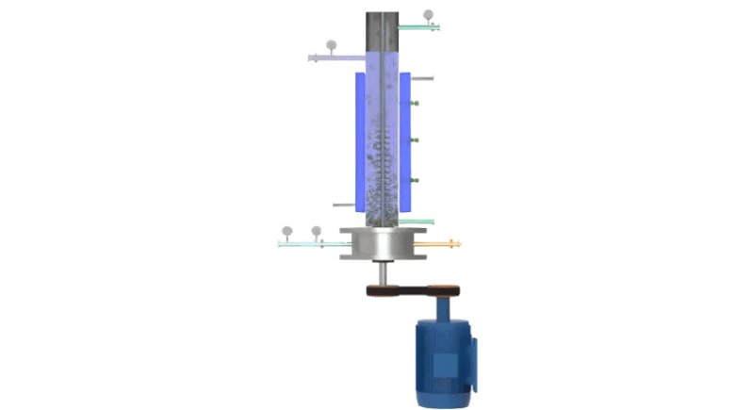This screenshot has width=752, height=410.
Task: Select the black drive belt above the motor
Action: point(415,290)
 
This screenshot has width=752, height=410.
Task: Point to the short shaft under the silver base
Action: point(382,274)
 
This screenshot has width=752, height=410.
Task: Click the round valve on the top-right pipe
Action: point(429,15)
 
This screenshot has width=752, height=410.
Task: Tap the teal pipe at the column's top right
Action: point(419,26)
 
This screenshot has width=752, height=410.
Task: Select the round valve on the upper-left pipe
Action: point(331,44)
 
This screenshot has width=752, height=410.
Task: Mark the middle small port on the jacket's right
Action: point(416,140)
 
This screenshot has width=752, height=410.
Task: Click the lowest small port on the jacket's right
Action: point(416,180)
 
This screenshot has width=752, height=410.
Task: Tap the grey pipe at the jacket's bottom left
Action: point(343,204)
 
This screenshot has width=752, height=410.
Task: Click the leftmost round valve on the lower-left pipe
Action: point(287,231)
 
